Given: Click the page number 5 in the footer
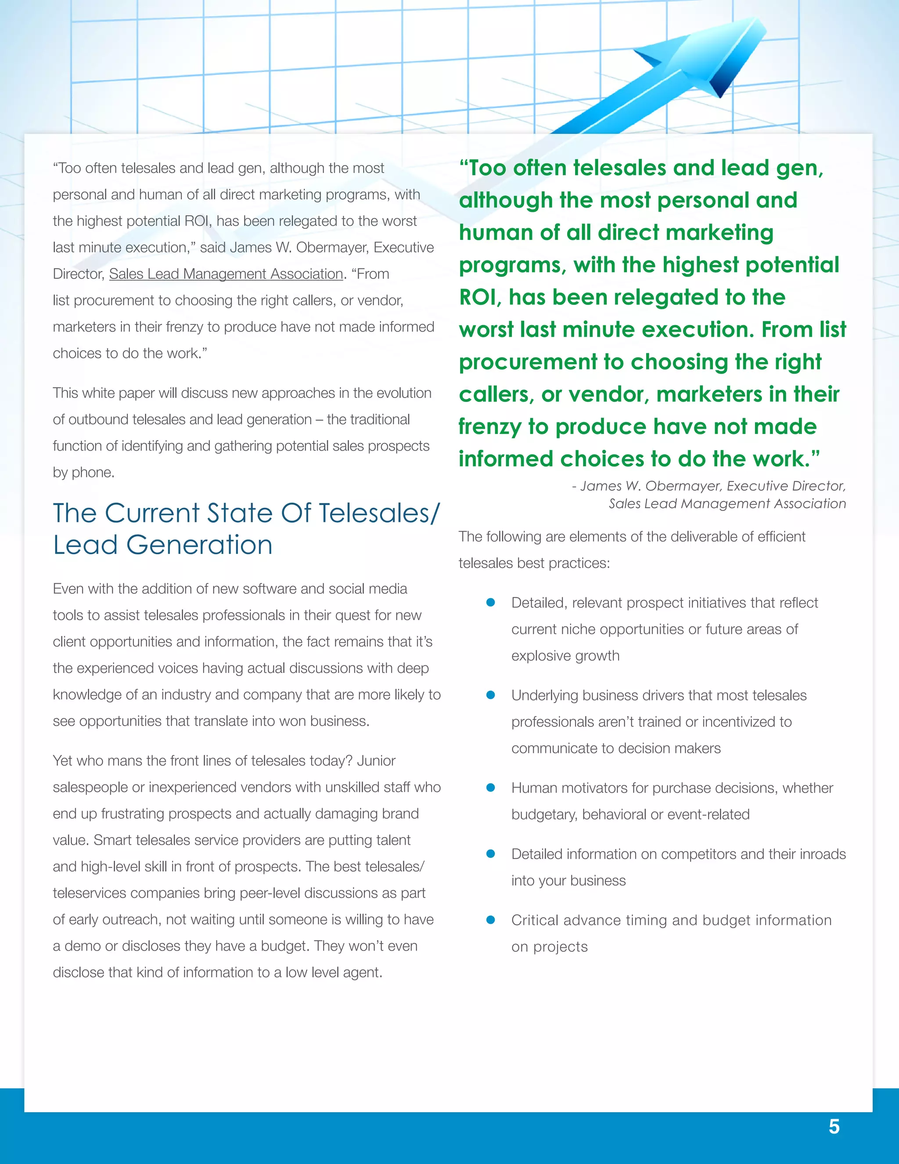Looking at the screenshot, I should [x=834, y=1126].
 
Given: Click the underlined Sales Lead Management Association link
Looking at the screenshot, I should [x=226, y=274].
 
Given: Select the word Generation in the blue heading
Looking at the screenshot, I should [x=199, y=545].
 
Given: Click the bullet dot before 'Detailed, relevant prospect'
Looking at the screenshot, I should [x=491, y=602].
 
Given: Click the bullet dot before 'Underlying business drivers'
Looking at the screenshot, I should [x=491, y=695].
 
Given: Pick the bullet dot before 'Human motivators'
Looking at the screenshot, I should [x=491, y=788].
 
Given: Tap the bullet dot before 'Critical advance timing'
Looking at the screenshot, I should [x=491, y=920].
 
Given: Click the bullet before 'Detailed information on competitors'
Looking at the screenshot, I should [x=491, y=854].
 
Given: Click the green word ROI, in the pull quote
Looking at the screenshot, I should [x=480, y=297].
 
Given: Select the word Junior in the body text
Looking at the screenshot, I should [x=376, y=760].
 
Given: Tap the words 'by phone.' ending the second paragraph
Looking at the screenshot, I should [x=83, y=472].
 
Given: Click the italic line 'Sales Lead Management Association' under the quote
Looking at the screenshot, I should [x=727, y=504].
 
